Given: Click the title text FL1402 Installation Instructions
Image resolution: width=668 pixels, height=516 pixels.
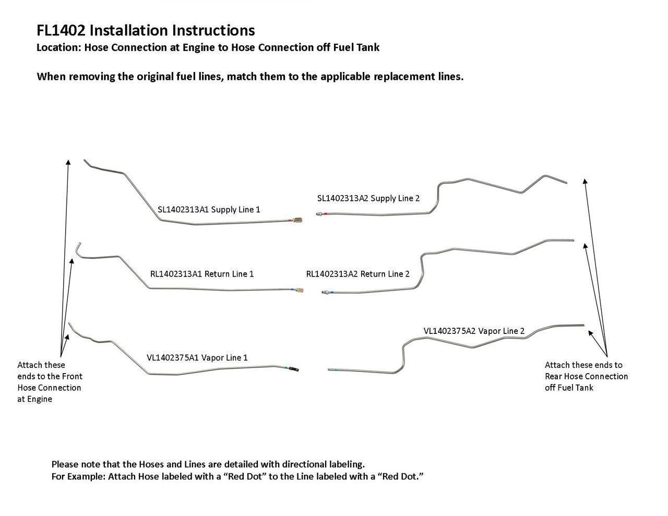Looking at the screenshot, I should point(146,31).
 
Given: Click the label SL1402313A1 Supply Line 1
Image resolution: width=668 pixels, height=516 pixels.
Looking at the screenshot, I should point(209,210).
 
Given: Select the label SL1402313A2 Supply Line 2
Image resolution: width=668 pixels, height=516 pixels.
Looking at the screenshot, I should point(368,198).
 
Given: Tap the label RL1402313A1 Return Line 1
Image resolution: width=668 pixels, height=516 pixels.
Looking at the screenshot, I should point(202,274).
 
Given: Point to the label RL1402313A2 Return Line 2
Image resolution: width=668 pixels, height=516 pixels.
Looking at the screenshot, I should point(358,274).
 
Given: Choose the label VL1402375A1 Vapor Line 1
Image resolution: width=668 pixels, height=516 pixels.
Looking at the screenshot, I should point(197,358).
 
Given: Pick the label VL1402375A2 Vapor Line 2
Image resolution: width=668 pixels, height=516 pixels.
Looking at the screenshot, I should point(474,331).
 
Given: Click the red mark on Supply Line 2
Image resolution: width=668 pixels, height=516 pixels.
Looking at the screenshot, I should point(325,214).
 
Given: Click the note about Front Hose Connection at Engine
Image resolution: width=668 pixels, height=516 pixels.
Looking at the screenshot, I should point(50,382).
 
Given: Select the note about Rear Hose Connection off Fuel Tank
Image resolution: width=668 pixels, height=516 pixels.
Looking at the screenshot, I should point(586,376).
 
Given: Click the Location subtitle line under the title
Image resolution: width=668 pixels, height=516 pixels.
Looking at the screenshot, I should point(208,48).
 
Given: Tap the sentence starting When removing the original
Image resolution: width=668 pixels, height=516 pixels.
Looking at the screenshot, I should point(250,77).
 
